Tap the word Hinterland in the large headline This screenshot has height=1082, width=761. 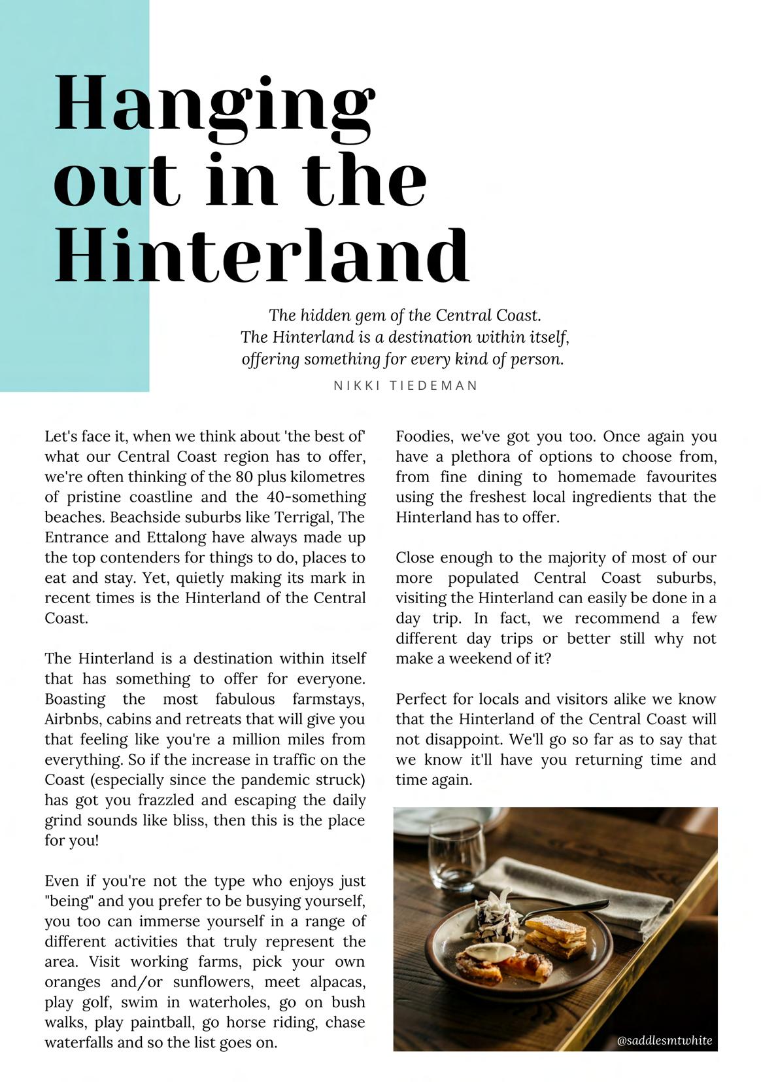pyautogui.click(x=262, y=254)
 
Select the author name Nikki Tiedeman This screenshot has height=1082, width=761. pyautogui.click(x=405, y=385)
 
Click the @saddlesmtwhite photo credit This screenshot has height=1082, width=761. pyautogui.click(x=664, y=1040)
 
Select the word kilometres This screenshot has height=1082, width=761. pyautogui.click(x=327, y=477)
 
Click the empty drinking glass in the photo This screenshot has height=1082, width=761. pyautogui.click(x=456, y=850)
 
